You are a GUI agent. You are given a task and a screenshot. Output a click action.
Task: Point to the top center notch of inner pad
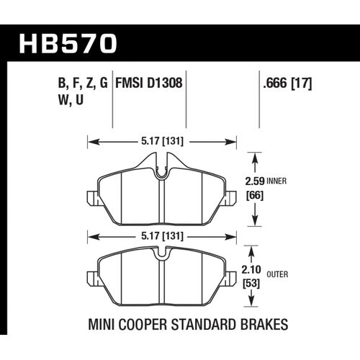tap(162, 174)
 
